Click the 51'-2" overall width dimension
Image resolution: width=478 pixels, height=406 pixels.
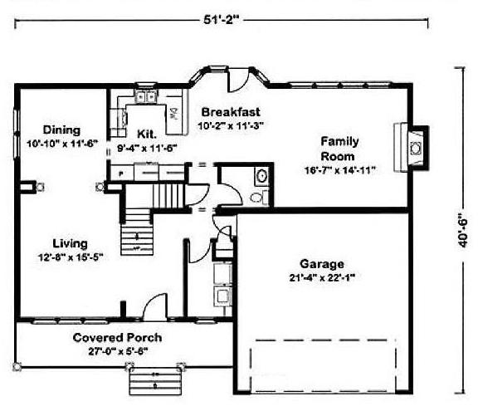click(220, 20)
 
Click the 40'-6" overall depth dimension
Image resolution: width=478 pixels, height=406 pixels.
click(463, 230)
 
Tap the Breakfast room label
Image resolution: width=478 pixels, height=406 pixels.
click(231, 112)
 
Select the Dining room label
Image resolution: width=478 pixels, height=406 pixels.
click(61, 130)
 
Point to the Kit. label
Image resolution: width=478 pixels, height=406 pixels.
click(147, 134)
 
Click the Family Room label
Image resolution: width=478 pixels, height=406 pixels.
click(339, 149)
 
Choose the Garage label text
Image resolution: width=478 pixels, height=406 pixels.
click(322, 264)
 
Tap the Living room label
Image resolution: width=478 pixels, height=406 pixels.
click(70, 243)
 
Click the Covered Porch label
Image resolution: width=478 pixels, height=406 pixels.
click(117, 337)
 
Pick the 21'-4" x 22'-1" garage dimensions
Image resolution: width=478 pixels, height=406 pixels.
click(322, 277)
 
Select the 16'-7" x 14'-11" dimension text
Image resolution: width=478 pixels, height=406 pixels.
click(340, 170)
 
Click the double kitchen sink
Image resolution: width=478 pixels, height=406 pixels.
click(145, 97)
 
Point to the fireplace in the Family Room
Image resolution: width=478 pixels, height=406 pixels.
click(412, 148)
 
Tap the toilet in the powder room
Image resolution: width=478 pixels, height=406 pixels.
click(259, 198)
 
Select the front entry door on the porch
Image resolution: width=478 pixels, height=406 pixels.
click(155, 306)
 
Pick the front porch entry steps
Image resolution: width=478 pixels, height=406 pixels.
click(155, 381)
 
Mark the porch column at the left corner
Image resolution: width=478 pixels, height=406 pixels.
click(17, 366)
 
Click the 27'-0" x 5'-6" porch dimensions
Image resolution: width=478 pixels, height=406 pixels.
click(118, 351)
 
